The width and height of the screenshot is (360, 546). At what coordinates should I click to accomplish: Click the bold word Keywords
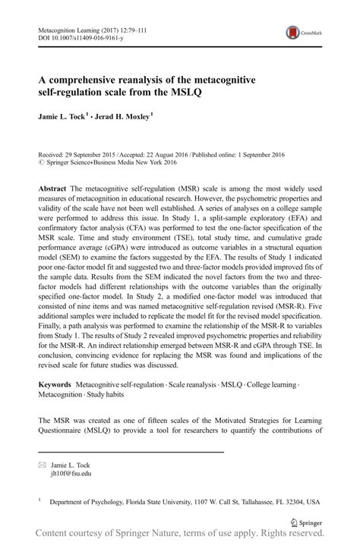58,387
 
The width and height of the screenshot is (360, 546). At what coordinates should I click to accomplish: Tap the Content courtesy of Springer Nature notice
180,537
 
